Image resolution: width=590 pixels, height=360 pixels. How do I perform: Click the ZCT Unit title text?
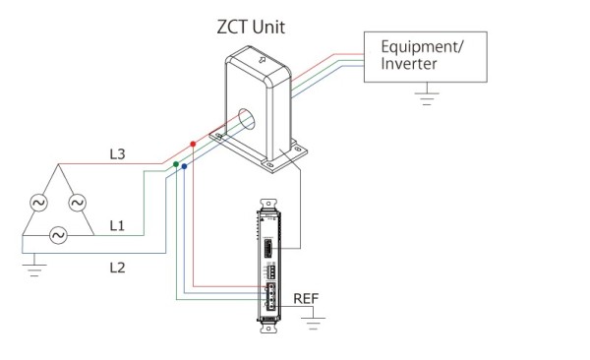click(x=251, y=28)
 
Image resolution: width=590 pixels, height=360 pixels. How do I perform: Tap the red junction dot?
click(x=193, y=144)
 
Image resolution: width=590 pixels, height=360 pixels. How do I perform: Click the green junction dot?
click(x=176, y=164)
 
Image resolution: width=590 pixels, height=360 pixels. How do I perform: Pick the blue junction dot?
click(x=184, y=166)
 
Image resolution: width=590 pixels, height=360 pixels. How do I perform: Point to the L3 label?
click(x=117, y=154)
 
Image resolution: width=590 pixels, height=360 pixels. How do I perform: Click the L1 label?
click(x=117, y=226)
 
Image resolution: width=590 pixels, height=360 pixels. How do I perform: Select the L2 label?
click(x=117, y=268)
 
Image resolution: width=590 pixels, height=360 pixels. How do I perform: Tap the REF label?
click(x=306, y=299)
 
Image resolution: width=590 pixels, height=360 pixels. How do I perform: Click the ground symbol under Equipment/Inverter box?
click(x=427, y=97)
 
